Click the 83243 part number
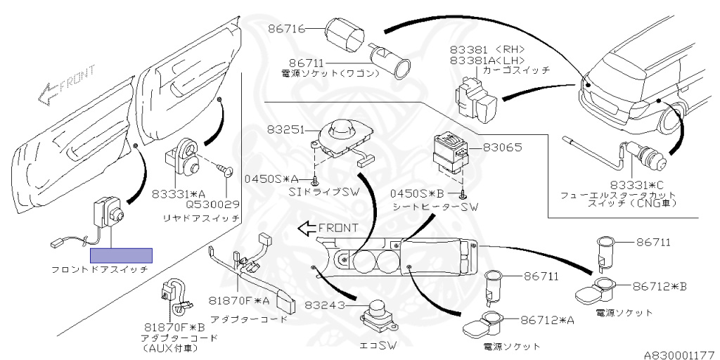(324, 304)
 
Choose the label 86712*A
(547, 320)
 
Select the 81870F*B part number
(174, 328)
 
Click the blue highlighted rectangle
(121, 256)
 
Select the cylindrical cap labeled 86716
(345, 34)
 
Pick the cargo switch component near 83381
(476, 98)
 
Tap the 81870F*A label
(239, 300)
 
